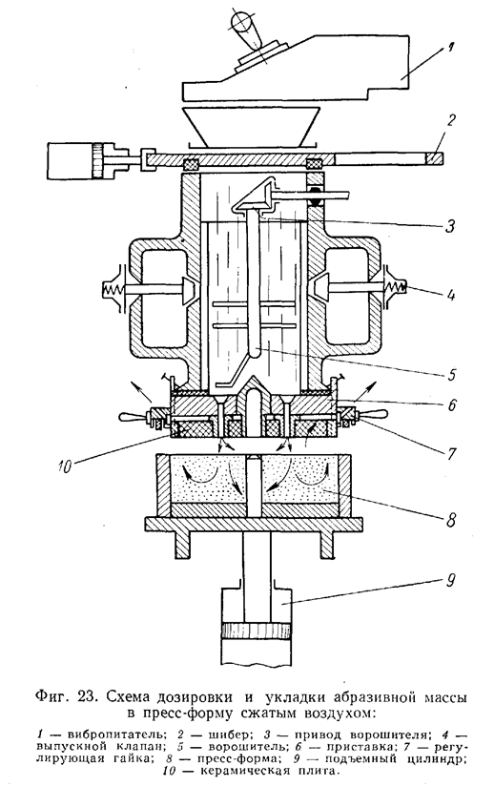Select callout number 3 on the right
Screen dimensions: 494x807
[450, 225]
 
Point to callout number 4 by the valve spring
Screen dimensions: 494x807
[451, 296]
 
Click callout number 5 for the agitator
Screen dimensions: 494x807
[451, 374]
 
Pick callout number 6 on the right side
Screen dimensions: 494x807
[451, 405]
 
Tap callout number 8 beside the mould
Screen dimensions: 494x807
[450, 520]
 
